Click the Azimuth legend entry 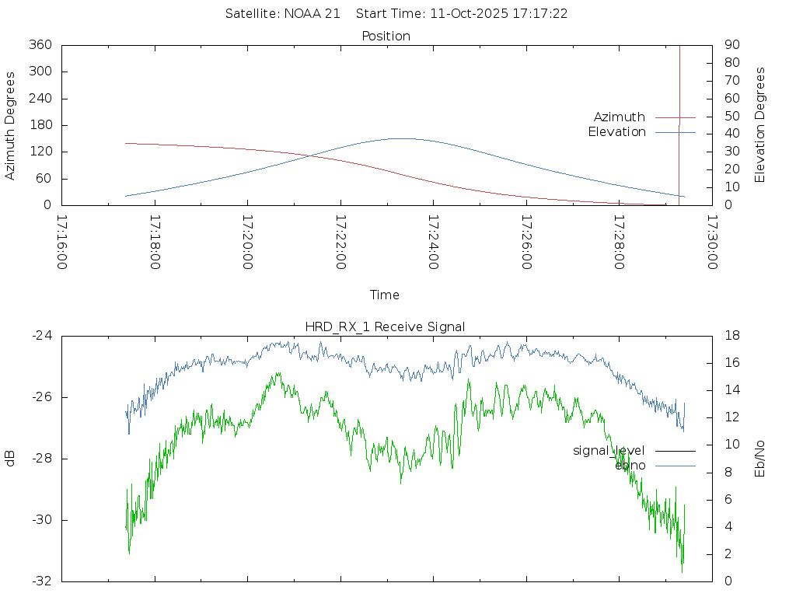(620, 117)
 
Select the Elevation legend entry (616, 132)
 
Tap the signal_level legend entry (609, 451)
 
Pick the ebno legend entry (630, 466)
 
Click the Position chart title (386, 37)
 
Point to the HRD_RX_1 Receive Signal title (386, 327)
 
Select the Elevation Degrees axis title (760, 125)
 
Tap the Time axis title (385, 295)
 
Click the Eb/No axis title (760, 459)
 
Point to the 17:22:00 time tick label (340, 243)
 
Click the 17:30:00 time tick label (711, 243)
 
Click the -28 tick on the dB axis (41, 459)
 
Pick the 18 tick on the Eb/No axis (731, 336)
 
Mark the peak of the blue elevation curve (401, 138)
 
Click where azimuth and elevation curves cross (312, 155)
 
